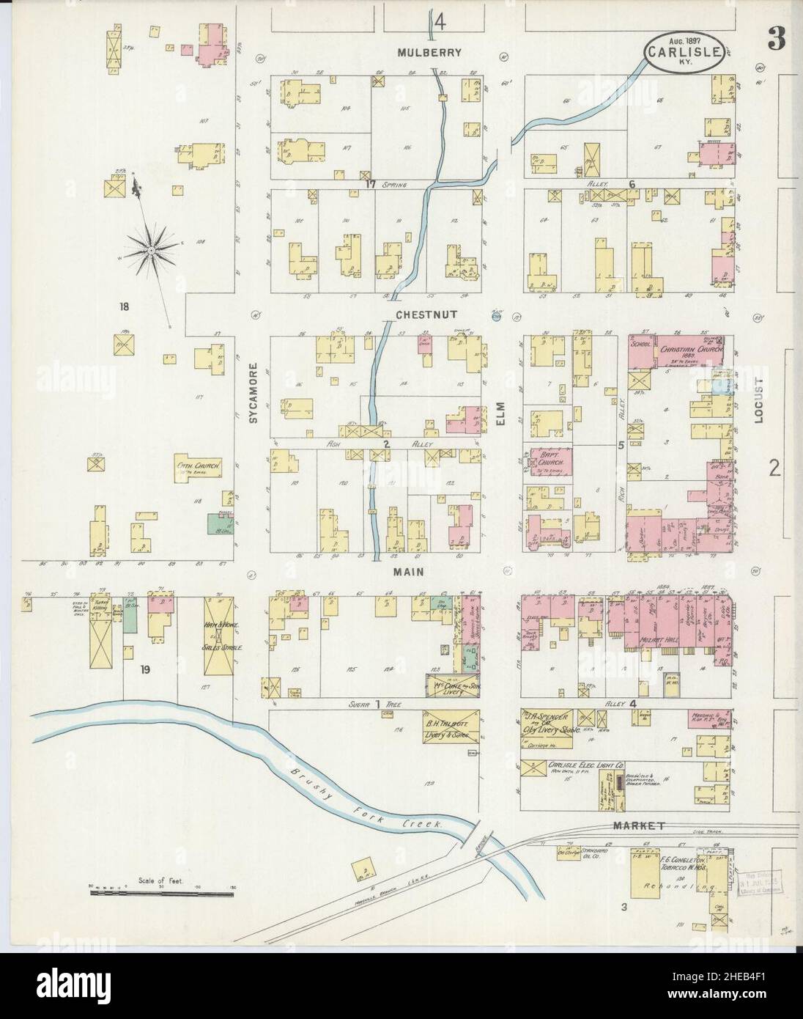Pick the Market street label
[639, 825]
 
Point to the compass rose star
[150, 250]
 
